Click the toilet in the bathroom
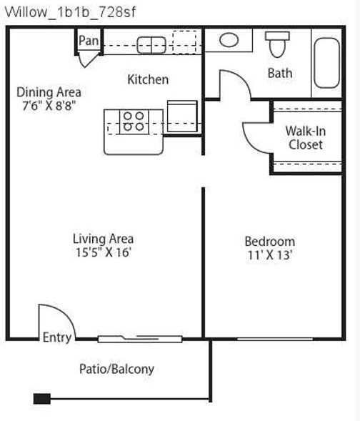(x=277, y=44)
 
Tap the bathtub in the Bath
(x=326, y=63)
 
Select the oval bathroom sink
(x=229, y=40)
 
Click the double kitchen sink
(x=151, y=45)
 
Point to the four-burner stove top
(x=134, y=122)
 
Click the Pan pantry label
(x=89, y=41)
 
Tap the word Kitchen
(x=148, y=79)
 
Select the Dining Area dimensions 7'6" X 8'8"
(x=47, y=106)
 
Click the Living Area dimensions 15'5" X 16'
(x=104, y=252)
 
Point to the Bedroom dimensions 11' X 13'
(x=269, y=254)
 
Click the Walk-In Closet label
(x=306, y=138)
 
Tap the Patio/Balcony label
(x=116, y=369)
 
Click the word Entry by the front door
(x=57, y=337)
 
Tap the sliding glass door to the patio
(x=140, y=339)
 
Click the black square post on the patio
(x=42, y=399)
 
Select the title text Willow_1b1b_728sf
(x=70, y=12)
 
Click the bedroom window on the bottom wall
(x=275, y=339)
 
